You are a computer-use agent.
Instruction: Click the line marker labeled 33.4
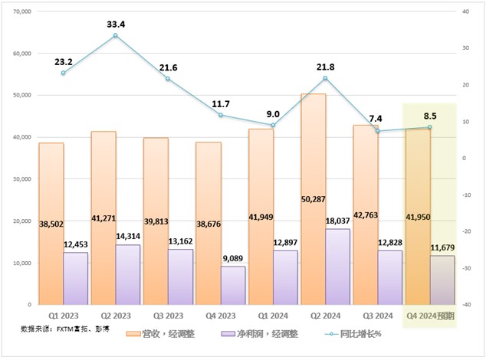click(115, 35)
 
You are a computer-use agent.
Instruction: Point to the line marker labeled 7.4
click(377, 131)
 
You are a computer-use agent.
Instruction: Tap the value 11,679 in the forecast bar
click(442, 246)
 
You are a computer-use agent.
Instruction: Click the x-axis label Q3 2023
click(168, 315)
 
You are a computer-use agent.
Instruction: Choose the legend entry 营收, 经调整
click(169, 334)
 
